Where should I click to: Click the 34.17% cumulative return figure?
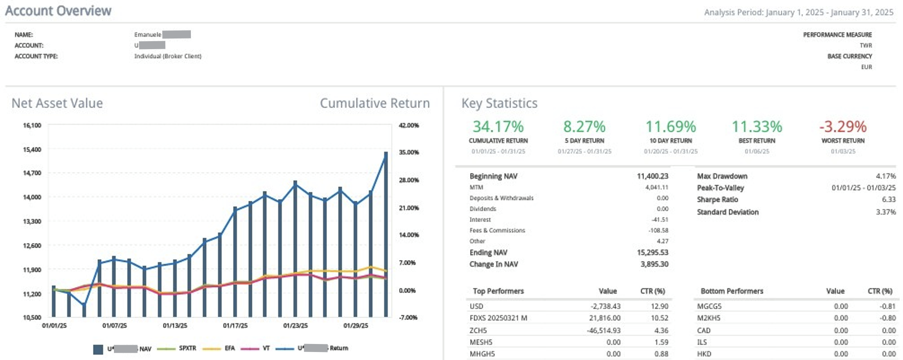tap(498, 126)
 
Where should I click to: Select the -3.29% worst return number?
tap(843, 126)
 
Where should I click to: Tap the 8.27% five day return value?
tap(584, 126)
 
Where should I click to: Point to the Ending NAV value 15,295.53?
tap(652, 253)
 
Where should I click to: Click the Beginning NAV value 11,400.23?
tap(652, 176)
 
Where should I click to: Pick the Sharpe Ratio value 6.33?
tap(889, 200)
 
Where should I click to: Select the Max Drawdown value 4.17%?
tap(885, 176)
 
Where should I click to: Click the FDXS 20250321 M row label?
tap(498, 318)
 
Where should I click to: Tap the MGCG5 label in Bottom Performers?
tap(709, 306)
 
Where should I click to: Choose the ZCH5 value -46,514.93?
tap(604, 330)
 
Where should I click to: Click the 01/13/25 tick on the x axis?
tap(175, 326)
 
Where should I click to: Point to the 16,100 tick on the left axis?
tap(32, 125)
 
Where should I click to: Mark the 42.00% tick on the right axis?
tap(408, 125)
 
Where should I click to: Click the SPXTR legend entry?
tap(187, 348)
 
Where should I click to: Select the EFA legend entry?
tap(229, 348)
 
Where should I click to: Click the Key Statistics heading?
tap(499, 103)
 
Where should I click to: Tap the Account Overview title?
tap(58, 11)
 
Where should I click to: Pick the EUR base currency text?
tap(866, 67)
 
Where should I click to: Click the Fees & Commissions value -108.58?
tap(658, 230)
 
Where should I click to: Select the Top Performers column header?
tap(498, 291)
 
